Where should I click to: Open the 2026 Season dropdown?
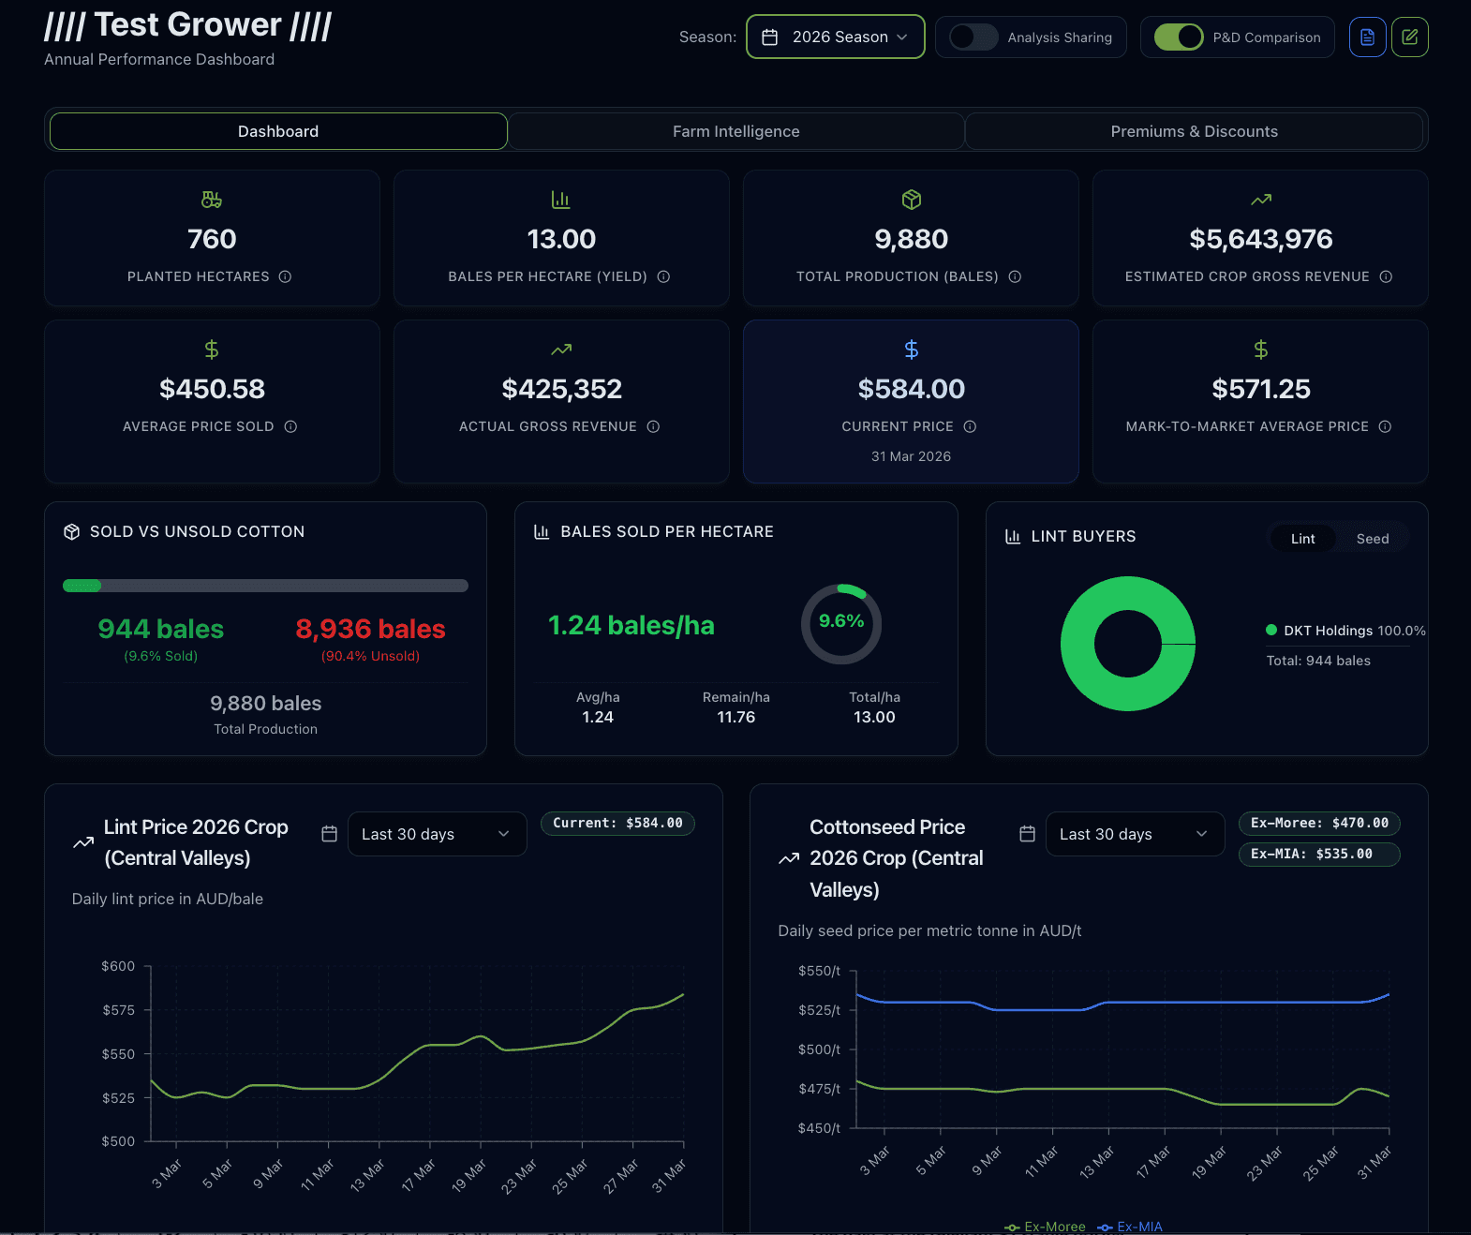pos(835,37)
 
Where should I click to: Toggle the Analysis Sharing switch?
pos(973,37)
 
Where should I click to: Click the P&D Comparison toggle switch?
pos(1179,37)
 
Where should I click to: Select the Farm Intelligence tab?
pos(735,131)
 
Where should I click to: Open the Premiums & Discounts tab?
pos(1194,131)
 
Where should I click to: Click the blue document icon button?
pos(1367,37)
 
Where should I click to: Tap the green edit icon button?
pos(1409,37)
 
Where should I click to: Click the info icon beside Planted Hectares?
pos(286,276)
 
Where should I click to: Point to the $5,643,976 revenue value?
pos(1260,239)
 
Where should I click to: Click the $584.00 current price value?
pos(911,389)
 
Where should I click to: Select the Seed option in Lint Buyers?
pos(1372,539)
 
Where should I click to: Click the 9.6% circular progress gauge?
pos(840,623)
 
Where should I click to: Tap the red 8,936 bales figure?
pos(370,629)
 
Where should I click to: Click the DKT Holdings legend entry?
pos(1345,631)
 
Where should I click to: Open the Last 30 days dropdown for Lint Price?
pos(437,834)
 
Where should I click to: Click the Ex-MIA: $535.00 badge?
pos(1318,854)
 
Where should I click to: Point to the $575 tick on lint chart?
pos(119,1010)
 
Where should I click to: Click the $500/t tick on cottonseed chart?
pos(819,1049)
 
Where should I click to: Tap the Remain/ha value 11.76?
pos(735,717)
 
